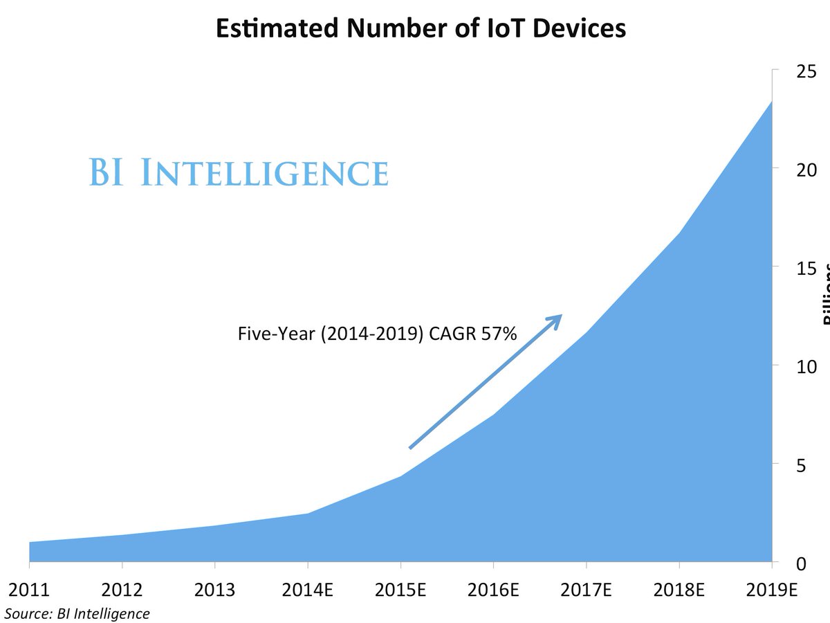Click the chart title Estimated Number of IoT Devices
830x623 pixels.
pyautogui.click(x=421, y=28)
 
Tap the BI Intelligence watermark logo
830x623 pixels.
pyautogui.click(x=239, y=172)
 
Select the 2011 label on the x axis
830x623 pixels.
pyautogui.click(x=29, y=590)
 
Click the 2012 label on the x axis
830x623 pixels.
pyautogui.click(x=122, y=590)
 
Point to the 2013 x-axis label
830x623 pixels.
pyautogui.click(x=214, y=590)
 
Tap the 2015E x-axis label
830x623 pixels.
pyautogui.click(x=400, y=590)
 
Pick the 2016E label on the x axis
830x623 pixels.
pyautogui.click(x=493, y=590)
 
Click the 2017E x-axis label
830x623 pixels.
pyautogui.click(x=586, y=590)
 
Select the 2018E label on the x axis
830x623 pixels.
pyautogui.click(x=679, y=590)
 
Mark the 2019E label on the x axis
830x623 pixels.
pyautogui.click(x=772, y=590)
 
